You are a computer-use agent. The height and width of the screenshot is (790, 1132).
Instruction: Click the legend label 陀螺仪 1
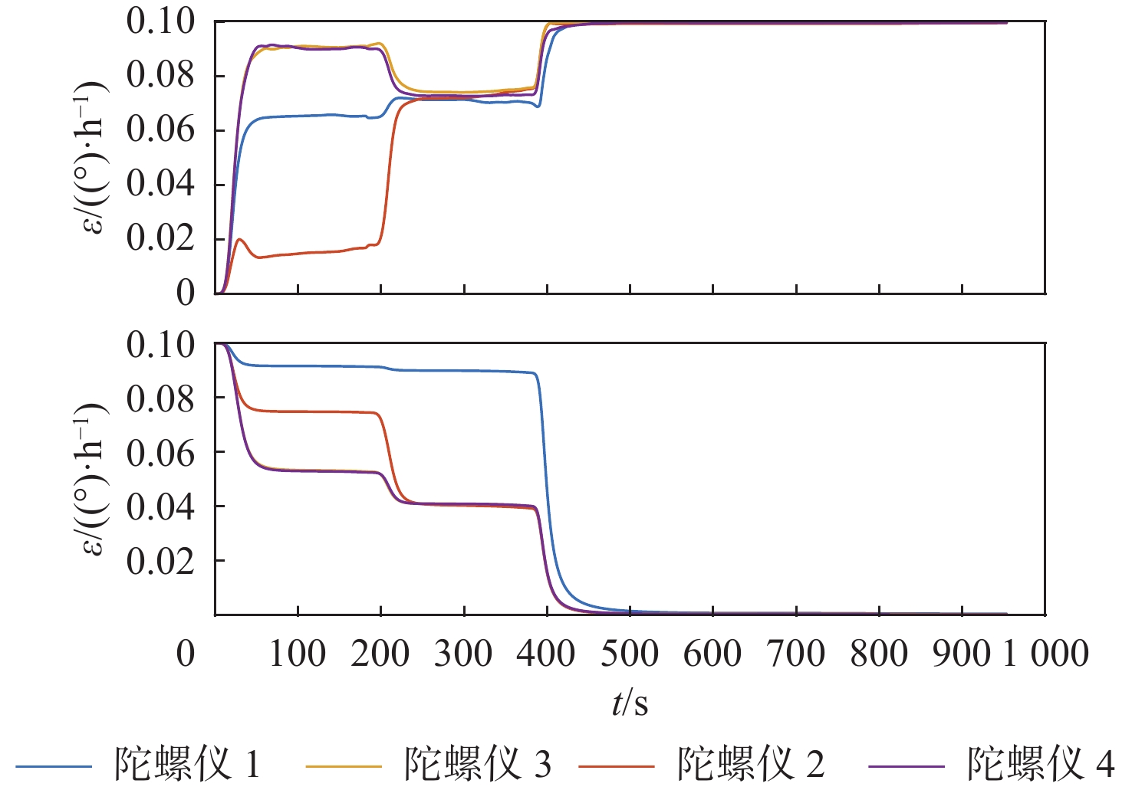pyautogui.click(x=188, y=764)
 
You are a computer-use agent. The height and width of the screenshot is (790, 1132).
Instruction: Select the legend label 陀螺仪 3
pyautogui.click(x=478, y=764)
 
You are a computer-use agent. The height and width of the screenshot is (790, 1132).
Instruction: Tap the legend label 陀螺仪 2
pyautogui.click(x=751, y=764)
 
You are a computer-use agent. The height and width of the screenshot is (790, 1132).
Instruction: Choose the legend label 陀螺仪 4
pyautogui.click(x=1041, y=764)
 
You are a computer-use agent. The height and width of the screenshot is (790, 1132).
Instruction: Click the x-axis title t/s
pyautogui.click(x=630, y=703)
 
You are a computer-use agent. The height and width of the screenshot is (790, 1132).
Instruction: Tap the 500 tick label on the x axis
pyautogui.click(x=630, y=654)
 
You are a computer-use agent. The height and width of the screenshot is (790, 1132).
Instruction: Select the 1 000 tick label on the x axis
pyautogui.click(x=1045, y=654)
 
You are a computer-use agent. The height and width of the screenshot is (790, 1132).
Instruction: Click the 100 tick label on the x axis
pyautogui.click(x=298, y=654)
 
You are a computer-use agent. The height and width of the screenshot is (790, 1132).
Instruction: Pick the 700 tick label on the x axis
pyautogui.click(x=796, y=654)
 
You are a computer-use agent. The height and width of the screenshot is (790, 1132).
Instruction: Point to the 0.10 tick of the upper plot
pyautogui.click(x=160, y=21)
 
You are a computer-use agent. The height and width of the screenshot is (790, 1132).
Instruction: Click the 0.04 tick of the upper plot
pyautogui.click(x=160, y=184)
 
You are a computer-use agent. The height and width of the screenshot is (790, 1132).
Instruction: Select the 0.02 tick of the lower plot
pyautogui.click(x=160, y=561)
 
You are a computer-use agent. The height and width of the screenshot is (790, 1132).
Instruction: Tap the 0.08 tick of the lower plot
pyautogui.click(x=160, y=398)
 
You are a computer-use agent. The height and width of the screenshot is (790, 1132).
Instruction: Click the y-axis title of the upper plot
pyautogui.click(x=94, y=157)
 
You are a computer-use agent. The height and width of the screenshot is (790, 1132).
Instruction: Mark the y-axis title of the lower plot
pyautogui.click(x=94, y=479)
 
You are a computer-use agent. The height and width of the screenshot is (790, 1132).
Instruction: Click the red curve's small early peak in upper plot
pyautogui.click(x=241, y=240)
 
